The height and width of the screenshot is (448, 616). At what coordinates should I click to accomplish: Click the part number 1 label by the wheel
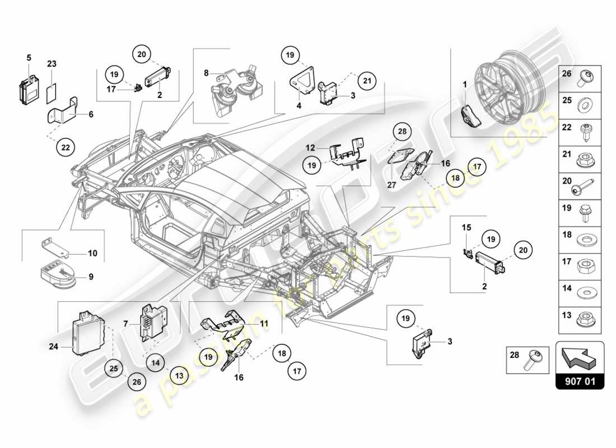click(x=464, y=84)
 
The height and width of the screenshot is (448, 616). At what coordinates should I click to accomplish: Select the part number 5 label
click(x=29, y=57)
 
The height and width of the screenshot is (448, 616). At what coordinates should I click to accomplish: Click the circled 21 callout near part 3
click(x=366, y=81)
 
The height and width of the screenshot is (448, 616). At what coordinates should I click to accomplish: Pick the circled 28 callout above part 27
click(x=401, y=132)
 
